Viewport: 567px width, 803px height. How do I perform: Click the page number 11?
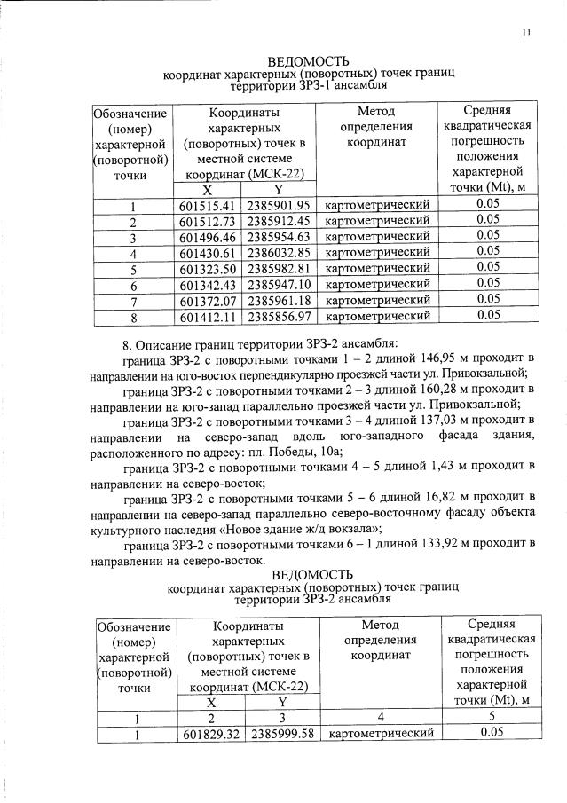pyautogui.click(x=526, y=34)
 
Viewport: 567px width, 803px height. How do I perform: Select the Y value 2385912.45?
pyautogui.click(x=279, y=221)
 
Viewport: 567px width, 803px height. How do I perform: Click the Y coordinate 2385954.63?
pyautogui.click(x=279, y=237)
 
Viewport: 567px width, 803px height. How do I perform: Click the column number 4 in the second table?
pyautogui.click(x=379, y=718)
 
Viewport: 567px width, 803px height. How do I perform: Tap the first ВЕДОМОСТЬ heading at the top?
pyautogui.click(x=307, y=60)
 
